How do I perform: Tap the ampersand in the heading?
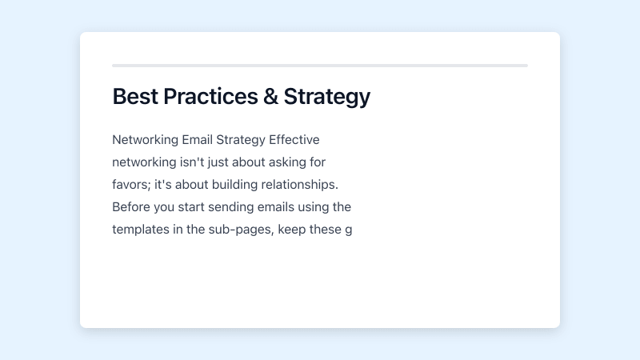coord(270,97)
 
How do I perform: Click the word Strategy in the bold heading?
coord(326,97)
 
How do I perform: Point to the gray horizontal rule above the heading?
coord(320,66)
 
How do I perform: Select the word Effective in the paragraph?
coord(294,140)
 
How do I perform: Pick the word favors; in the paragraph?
coord(132,185)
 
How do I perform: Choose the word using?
coord(314,207)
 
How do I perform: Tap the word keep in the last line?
coord(293,230)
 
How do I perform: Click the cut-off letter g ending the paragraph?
coord(348,230)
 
